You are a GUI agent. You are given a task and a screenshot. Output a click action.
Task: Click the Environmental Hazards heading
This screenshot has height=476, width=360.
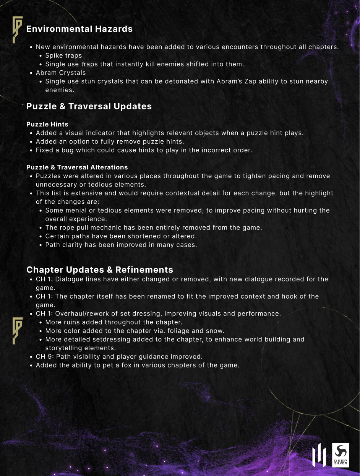point(79,29)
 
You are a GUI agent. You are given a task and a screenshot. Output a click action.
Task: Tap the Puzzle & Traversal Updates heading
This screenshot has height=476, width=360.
point(89,106)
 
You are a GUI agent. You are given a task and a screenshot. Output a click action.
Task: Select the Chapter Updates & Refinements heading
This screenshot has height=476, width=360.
point(100,270)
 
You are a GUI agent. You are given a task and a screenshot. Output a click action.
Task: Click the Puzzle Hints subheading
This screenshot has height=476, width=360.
point(47,124)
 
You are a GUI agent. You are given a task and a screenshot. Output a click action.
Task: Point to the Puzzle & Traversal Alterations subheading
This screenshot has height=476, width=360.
point(77,167)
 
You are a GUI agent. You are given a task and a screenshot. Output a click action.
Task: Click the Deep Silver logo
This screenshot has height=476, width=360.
point(340,455)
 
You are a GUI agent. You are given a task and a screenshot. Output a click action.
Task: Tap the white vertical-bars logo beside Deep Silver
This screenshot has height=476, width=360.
point(319,455)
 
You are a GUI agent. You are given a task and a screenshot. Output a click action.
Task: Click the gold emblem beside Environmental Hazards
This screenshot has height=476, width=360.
point(17,29)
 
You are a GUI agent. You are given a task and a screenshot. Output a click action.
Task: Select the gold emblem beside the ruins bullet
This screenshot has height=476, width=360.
point(17,330)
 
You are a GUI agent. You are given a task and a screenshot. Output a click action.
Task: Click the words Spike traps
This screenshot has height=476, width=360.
point(63,55)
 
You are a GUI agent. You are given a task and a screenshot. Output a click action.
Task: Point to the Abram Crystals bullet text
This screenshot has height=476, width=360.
point(61,73)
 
